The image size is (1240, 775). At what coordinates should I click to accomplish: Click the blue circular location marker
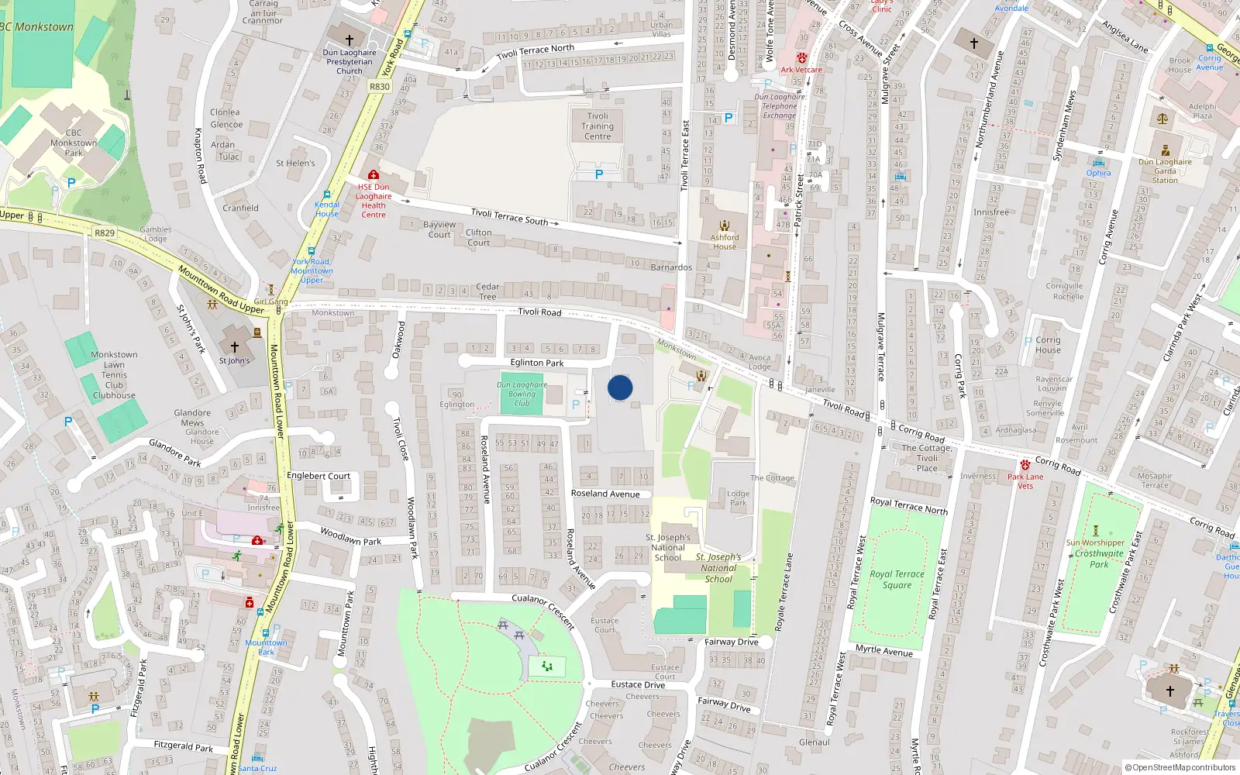[620, 387]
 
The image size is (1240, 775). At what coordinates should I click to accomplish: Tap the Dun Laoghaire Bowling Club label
[522, 394]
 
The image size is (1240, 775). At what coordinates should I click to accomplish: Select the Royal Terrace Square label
[897, 579]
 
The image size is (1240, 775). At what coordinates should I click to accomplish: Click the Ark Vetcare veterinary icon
[802, 58]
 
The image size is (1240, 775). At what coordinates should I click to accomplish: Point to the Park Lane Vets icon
[1025, 465]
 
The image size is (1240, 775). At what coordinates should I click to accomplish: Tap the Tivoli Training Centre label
[598, 126]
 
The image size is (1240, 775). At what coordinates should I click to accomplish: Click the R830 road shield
[380, 87]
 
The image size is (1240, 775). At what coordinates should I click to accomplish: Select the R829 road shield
[105, 232]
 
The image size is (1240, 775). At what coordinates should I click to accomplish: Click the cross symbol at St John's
[235, 347]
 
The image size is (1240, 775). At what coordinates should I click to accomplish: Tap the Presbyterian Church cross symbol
[349, 40]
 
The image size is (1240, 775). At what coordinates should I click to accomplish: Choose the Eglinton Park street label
[537, 363]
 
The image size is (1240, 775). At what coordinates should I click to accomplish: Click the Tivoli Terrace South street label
[509, 216]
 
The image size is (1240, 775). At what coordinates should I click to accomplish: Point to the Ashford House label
[725, 242]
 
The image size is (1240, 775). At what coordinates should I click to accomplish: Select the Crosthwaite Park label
[1099, 558]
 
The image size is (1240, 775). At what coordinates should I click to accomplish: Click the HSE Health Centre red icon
[374, 175]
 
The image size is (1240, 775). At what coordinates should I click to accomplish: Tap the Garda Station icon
[1165, 151]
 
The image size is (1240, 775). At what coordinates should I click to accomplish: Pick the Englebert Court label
[319, 476]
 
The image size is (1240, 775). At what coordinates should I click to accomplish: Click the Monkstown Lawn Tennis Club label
[114, 375]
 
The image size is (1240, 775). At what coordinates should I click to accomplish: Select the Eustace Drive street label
[638, 684]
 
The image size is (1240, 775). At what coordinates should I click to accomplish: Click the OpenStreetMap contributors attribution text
[1180, 767]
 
